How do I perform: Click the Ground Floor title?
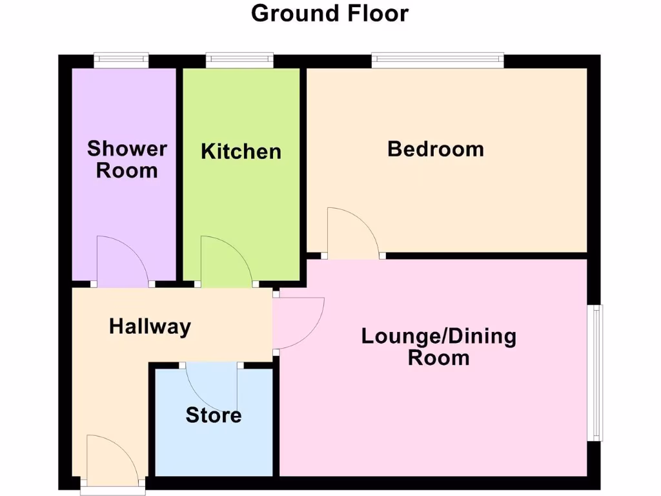(330, 13)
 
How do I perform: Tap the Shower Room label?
(127, 160)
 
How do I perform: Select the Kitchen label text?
(241, 152)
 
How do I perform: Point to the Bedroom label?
(435, 149)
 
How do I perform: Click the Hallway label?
(150, 327)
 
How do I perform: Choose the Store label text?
(213, 415)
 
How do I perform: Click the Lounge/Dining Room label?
(438, 347)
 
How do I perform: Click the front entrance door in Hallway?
(110, 460)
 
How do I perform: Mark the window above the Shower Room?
(121, 60)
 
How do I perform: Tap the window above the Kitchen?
(239, 60)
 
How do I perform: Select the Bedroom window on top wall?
(438, 60)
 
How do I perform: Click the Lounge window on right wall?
(596, 373)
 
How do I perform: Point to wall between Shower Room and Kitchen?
(179, 174)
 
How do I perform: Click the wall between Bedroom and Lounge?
(484, 256)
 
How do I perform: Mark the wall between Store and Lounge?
(276, 420)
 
